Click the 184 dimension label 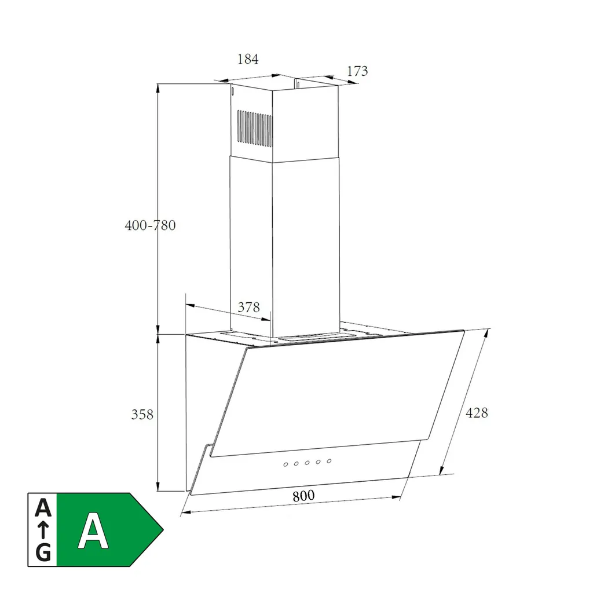click(x=248, y=59)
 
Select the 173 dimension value click(x=357, y=71)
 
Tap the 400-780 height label click(x=150, y=225)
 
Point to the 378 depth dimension click(x=249, y=307)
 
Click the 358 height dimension click(x=142, y=415)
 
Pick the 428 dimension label click(x=477, y=412)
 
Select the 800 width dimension click(x=303, y=496)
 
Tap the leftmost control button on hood click(x=285, y=464)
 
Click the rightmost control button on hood click(x=329, y=461)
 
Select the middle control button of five click(x=307, y=463)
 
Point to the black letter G click(x=43, y=552)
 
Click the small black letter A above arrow click(x=43, y=508)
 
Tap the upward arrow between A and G click(x=43, y=530)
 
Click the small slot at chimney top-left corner click(x=232, y=91)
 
